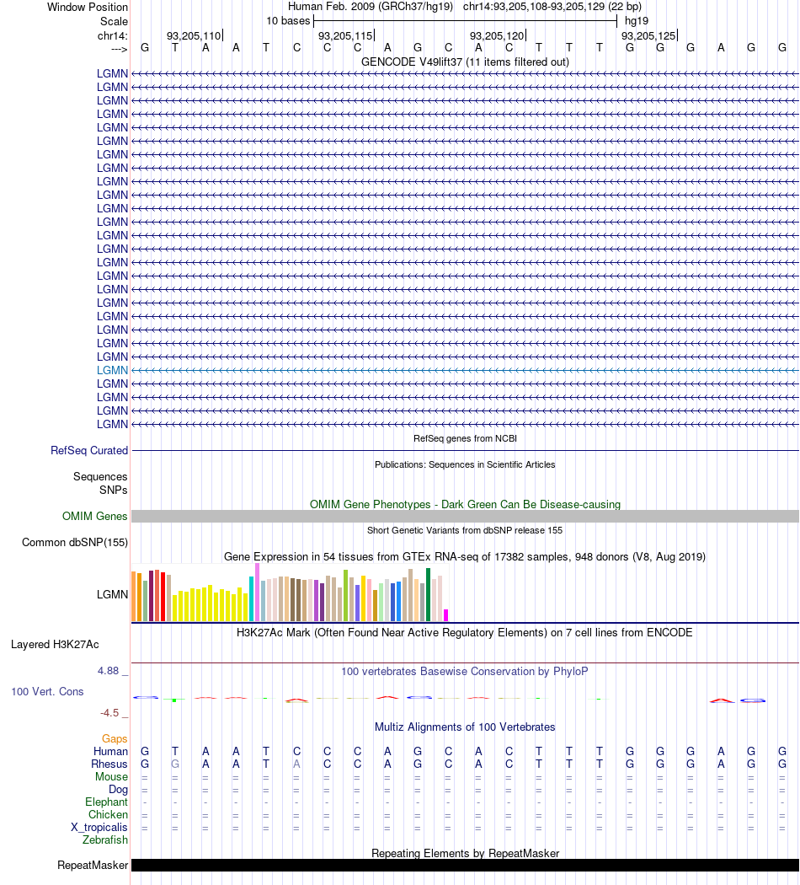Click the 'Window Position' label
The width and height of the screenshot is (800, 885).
(x=88, y=7)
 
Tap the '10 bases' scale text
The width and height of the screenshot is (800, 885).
(x=288, y=20)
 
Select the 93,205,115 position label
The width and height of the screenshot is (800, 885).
(x=344, y=35)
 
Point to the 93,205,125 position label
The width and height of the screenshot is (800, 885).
(x=648, y=35)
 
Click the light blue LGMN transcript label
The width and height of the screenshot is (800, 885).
(x=112, y=370)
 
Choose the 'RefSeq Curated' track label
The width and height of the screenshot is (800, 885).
(x=89, y=451)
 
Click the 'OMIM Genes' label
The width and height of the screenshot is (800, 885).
(x=94, y=517)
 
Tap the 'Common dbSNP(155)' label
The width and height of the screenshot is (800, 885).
(x=75, y=543)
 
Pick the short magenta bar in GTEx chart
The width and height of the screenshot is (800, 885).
(x=446, y=615)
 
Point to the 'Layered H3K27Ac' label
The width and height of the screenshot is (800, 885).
(x=55, y=645)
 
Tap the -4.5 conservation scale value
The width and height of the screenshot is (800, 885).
(x=113, y=712)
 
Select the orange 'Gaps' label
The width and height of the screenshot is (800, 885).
(x=115, y=739)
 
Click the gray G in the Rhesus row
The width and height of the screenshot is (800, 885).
(x=175, y=764)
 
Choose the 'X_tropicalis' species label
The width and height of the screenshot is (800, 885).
(x=99, y=828)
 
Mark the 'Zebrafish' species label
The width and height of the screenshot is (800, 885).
(x=105, y=840)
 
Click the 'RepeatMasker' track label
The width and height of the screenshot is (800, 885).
(x=93, y=866)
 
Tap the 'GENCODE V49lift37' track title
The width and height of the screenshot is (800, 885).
(x=465, y=62)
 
